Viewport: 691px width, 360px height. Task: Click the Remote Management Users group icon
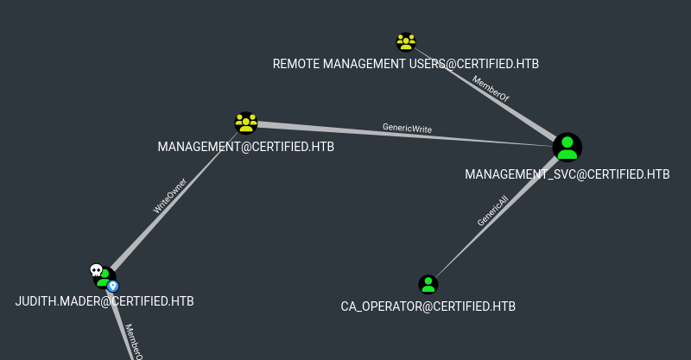pyautogui.click(x=406, y=41)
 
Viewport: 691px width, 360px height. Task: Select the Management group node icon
pyautogui.click(x=246, y=123)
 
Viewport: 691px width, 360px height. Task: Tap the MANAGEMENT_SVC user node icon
pyautogui.click(x=567, y=147)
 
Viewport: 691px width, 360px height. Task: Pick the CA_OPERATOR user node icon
pyautogui.click(x=428, y=284)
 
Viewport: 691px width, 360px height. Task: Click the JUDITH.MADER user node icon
pyautogui.click(x=105, y=278)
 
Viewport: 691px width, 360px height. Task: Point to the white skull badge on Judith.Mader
pyautogui.click(x=96, y=271)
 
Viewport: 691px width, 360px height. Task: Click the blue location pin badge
pyautogui.click(x=112, y=286)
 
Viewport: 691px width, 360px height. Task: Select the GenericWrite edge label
pyautogui.click(x=407, y=129)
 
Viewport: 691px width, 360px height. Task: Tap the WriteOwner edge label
pyautogui.click(x=168, y=196)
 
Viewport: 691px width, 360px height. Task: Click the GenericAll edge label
pyautogui.click(x=492, y=210)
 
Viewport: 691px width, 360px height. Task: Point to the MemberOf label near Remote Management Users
pyautogui.click(x=490, y=90)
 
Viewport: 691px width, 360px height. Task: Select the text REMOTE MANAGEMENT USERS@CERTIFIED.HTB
pyautogui.click(x=405, y=64)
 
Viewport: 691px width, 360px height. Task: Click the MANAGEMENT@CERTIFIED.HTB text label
pyautogui.click(x=245, y=147)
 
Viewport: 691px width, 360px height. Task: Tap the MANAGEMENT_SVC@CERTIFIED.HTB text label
pyautogui.click(x=567, y=174)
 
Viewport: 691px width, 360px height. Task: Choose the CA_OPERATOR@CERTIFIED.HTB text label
pyautogui.click(x=428, y=306)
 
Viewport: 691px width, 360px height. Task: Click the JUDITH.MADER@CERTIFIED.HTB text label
pyautogui.click(x=105, y=301)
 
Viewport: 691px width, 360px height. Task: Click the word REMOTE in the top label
pyautogui.click(x=295, y=64)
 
